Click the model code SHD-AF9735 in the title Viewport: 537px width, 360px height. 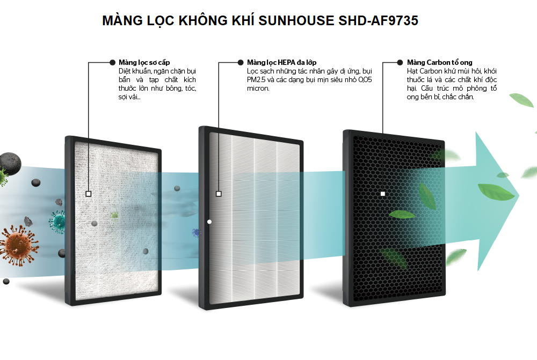tap(378, 20)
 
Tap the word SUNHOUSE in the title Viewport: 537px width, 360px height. tap(296, 20)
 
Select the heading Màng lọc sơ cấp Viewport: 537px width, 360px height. tap(144, 63)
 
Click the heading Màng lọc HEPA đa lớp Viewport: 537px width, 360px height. tap(281, 63)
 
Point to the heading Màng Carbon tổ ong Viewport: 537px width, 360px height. tap(439, 63)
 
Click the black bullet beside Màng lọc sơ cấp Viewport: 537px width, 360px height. tap(112, 62)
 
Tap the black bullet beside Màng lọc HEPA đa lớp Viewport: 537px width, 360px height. tap(241, 62)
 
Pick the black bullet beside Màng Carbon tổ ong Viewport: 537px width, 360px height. tap(400, 62)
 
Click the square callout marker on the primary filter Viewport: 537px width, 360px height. tap(89, 194)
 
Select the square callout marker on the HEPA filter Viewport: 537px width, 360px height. tap(219, 194)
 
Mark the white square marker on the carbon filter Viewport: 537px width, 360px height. tap(383, 194)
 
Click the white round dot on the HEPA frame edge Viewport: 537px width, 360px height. tap(209, 222)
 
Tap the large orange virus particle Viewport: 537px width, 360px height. tap(19, 245)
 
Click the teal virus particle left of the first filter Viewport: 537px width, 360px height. tap(57, 222)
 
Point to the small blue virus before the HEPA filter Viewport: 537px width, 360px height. tap(197, 233)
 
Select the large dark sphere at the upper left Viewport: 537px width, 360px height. tap(10, 164)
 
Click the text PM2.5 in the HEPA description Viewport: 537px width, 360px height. tap(256, 80)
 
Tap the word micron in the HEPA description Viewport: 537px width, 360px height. tap(258, 89)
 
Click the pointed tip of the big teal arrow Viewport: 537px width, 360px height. tap(519, 196)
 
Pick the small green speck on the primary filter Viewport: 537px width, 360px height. tap(114, 215)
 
